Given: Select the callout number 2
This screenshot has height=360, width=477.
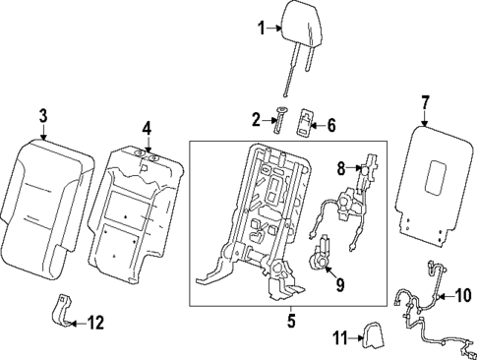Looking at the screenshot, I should click(x=257, y=121).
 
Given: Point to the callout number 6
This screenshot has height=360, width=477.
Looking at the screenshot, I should click(x=330, y=125).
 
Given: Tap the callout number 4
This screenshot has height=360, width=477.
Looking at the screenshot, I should click(x=147, y=127).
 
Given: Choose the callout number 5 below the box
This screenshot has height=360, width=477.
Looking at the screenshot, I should click(x=292, y=321).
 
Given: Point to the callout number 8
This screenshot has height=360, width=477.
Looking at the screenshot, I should click(x=342, y=169).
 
